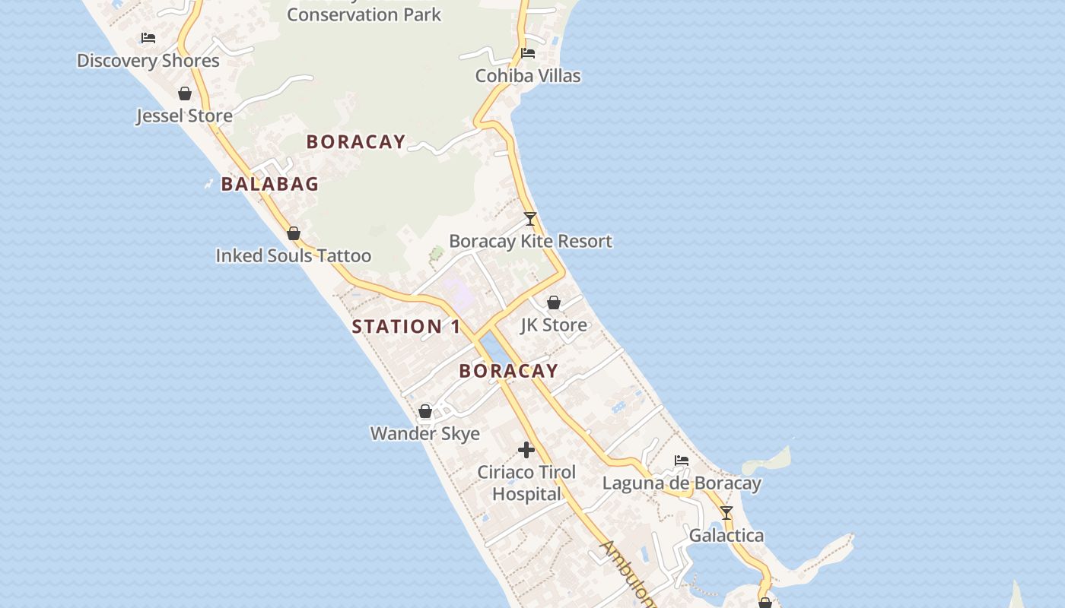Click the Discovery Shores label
(148, 61)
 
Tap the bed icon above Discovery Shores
(148, 37)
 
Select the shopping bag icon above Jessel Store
(184, 93)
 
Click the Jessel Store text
(184, 116)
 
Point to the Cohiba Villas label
(528, 76)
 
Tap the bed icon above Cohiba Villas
(528, 53)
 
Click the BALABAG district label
(270, 184)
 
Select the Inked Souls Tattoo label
(294, 256)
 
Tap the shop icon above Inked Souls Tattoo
(294, 233)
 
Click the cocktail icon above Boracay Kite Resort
(530, 219)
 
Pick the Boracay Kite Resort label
(530, 242)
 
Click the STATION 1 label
(406, 327)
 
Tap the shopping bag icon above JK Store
(554, 302)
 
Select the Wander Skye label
(425, 434)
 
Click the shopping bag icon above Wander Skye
(425, 411)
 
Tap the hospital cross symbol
(526, 450)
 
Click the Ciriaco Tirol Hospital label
(526, 483)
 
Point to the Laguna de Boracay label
(682, 483)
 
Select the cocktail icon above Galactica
(726, 513)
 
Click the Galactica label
(726, 536)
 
